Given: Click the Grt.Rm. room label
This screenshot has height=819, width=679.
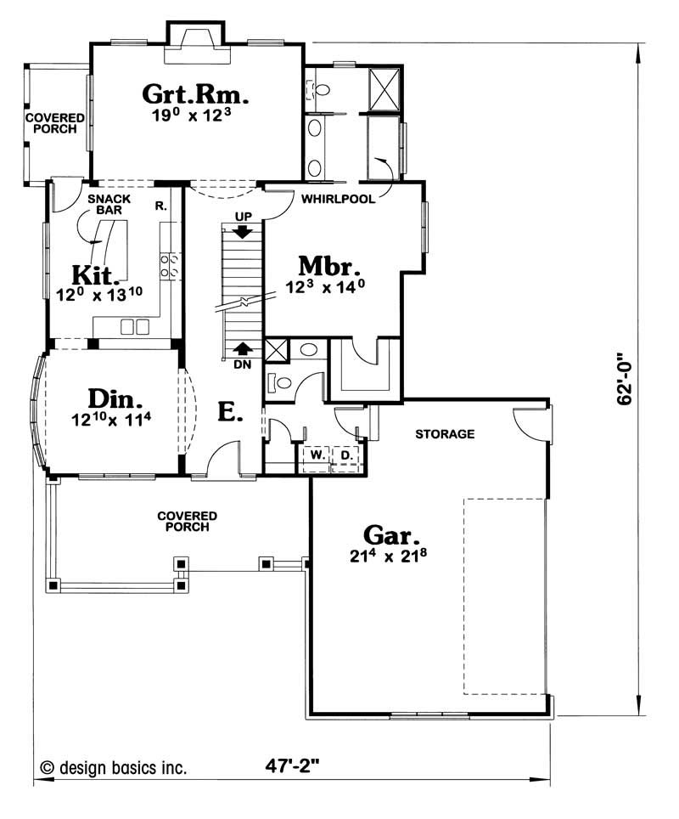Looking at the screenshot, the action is coord(195,94).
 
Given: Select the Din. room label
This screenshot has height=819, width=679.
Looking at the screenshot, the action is coord(115,398).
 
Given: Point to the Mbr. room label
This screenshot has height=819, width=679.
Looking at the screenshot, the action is coord(329,266).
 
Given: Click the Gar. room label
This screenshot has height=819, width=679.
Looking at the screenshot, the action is coord(391,535).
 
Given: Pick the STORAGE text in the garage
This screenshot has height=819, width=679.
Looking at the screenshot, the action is coord(445,434).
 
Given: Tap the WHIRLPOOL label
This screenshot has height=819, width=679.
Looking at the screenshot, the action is coord(338,199).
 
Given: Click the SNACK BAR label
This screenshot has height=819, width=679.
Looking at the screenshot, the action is coord(109,204).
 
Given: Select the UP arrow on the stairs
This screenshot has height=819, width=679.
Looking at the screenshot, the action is coord(242,231).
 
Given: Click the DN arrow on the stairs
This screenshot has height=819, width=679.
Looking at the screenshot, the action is coord(242,348).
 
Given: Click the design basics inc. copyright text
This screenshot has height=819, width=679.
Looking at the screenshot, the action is coord(113,768).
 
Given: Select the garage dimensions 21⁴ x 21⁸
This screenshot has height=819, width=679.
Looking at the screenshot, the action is coord(388,556).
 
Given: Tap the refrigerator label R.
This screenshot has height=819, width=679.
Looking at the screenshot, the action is coord(160,206).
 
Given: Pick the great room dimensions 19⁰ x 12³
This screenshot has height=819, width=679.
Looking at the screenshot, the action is coord(192,115).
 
